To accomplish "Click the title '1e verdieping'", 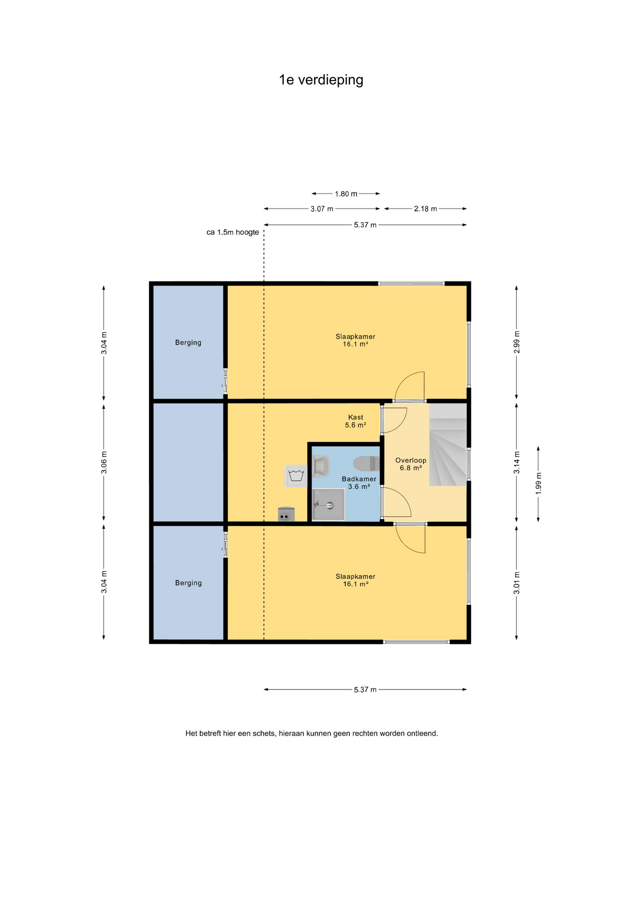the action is pyautogui.click(x=321, y=80).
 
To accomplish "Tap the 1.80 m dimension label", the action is pyautogui.click(x=346, y=194).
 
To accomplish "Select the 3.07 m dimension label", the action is pyautogui.click(x=322, y=209).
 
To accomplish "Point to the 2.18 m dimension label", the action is pyautogui.click(x=425, y=209).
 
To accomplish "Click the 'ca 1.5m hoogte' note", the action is pyautogui.click(x=233, y=232).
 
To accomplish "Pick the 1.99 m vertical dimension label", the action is pyautogui.click(x=538, y=484).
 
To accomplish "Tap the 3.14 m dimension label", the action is pyautogui.click(x=517, y=463).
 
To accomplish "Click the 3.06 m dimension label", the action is pyautogui.click(x=104, y=463).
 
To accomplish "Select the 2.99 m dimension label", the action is pyautogui.click(x=517, y=342).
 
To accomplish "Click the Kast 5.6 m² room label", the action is pyautogui.click(x=356, y=421).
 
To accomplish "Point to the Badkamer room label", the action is pyautogui.click(x=359, y=479).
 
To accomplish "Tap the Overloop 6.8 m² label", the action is pyautogui.click(x=411, y=464).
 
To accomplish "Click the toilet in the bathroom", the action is pyautogui.click(x=366, y=463).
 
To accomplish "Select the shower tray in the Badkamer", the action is pyautogui.click(x=329, y=505).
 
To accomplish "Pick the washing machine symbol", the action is pyautogui.click(x=296, y=476).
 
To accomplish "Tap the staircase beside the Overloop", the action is pyautogui.click(x=448, y=445).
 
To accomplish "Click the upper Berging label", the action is pyautogui.click(x=188, y=342).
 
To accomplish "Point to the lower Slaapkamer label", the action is pyautogui.click(x=356, y=580).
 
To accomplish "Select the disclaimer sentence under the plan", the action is pyautogui.click(x=312, y=733).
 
